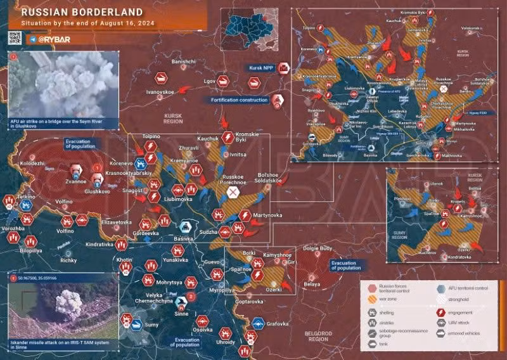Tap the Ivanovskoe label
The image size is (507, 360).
tap(160, 93)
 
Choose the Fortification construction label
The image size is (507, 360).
tap(236, 100)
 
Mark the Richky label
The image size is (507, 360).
tap(68, 260)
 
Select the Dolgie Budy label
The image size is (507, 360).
tap(318, 248)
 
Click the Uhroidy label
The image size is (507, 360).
tap(226, 342)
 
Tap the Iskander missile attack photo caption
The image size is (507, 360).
tap(63, 344)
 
